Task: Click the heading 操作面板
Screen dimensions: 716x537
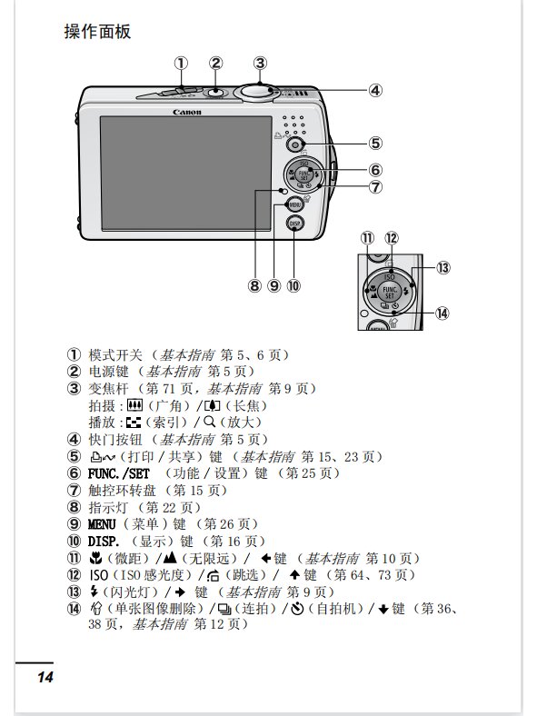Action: coord(97,32)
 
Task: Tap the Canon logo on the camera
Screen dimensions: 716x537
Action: coord(187,112)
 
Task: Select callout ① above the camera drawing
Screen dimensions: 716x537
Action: coord(182,63)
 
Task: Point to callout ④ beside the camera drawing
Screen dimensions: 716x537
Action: coord(374,90)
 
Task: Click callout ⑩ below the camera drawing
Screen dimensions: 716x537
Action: coord(293,285)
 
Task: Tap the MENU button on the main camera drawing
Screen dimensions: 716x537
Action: coord(283,204)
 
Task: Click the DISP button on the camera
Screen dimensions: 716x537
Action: coord(294,224)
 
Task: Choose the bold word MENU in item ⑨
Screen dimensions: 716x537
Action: coord(103,524)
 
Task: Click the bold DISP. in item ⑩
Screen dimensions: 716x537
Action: coord(104,542)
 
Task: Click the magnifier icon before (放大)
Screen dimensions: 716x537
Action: coord(208,423)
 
